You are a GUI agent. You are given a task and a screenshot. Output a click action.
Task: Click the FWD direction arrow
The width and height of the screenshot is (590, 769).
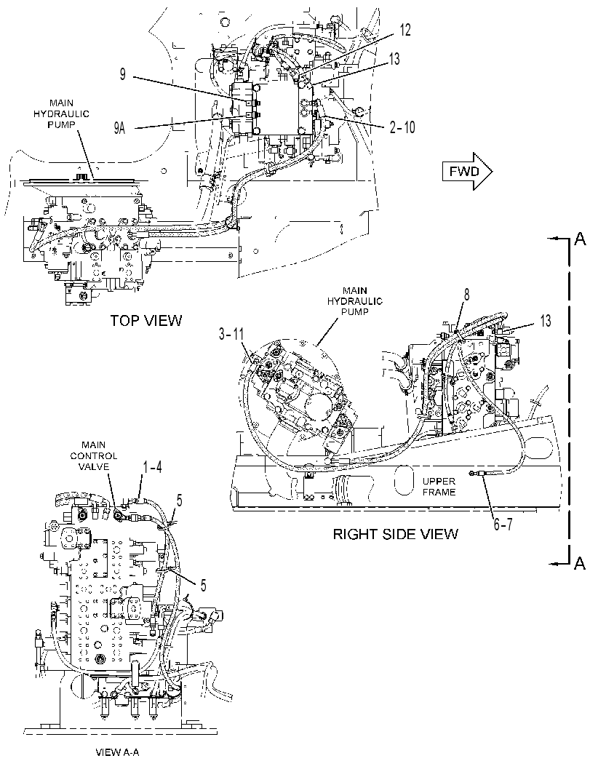467,171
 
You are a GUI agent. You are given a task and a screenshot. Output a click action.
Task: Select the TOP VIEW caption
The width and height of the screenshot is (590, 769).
145,321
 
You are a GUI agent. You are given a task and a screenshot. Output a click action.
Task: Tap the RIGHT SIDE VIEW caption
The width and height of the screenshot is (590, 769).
395,533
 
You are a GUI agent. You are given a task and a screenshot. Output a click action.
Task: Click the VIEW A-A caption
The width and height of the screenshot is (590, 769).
114,752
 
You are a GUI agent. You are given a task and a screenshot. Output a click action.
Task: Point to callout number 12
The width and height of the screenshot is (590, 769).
405,30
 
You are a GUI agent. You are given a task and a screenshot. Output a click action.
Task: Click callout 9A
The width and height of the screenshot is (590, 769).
120,129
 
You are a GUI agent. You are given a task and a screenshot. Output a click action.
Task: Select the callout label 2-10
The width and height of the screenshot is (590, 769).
402,127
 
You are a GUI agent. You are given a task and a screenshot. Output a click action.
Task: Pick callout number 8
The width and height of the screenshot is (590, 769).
467,295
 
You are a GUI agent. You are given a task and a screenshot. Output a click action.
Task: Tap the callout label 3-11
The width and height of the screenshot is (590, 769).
231,335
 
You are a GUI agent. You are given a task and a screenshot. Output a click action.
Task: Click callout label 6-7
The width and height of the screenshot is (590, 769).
503,525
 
